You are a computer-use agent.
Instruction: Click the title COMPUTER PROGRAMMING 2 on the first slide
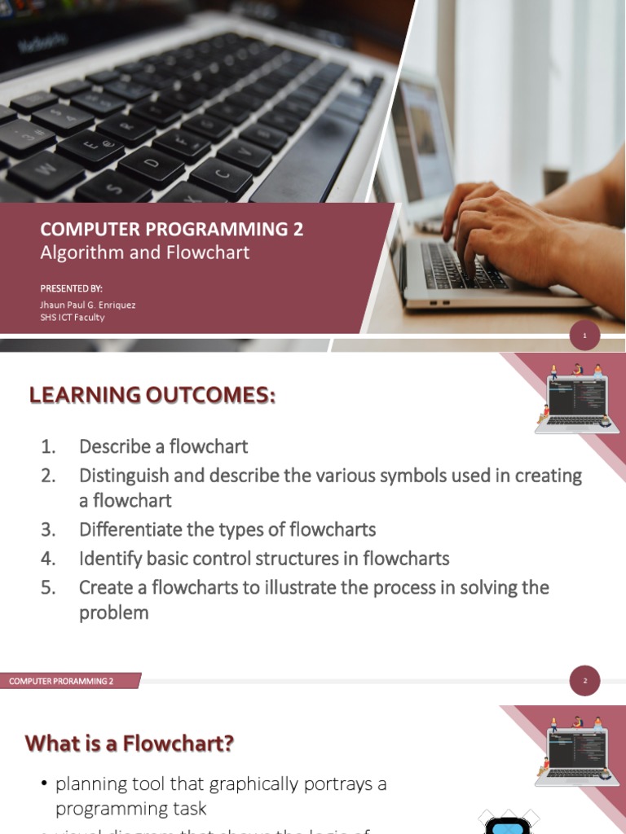tap(171, 230)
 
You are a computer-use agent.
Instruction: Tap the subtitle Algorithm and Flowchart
tap(145, 252)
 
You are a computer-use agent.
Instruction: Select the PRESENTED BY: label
tap(72, 288)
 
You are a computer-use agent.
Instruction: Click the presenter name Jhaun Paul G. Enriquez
tap(88, 305)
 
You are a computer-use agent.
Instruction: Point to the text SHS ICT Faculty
tap(73, 317)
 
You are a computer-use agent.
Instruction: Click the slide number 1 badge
tap(584, 335)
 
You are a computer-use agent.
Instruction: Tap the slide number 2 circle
tap(584, 681)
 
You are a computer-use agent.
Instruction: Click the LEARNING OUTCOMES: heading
tap(152, 396)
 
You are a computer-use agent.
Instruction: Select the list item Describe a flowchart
tap(163, 446)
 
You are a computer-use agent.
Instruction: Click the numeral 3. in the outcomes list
tap(48, 529)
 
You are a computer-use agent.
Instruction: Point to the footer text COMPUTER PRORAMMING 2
tap(62, 681)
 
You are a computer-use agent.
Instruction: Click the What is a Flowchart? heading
tap(130, 743)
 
